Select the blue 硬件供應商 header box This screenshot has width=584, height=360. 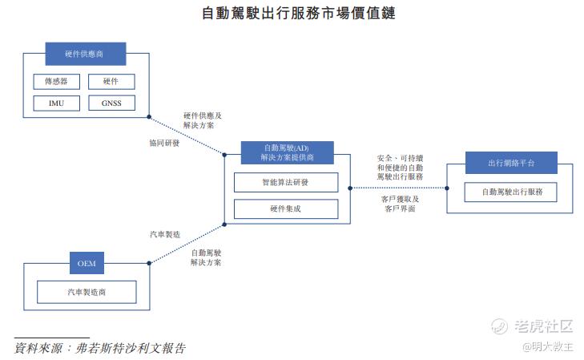tap(85, 54)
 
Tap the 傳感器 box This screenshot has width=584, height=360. tap(56, 82)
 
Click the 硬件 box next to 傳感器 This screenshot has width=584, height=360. tap(111, 82)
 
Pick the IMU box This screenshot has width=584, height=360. tap(56, 103)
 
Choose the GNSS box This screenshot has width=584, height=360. tap(111, 103)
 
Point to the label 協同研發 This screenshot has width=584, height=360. tap(164, 143)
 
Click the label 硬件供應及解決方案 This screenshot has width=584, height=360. tap(202, 120)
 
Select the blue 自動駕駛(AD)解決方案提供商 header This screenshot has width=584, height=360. tap(286, 153)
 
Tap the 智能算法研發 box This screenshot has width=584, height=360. tap(285, 182)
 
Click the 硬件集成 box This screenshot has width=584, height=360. tap(285, 209)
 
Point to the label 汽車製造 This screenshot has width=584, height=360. tap(165, 234)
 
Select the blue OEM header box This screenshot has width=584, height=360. tap(87, 262)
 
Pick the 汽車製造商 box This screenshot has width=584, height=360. tap(87, 292)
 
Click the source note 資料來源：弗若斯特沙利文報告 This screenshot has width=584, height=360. tap(101, 349)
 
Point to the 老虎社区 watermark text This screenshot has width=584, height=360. tap(544, 326)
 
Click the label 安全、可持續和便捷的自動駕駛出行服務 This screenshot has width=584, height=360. tap(400, 167)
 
